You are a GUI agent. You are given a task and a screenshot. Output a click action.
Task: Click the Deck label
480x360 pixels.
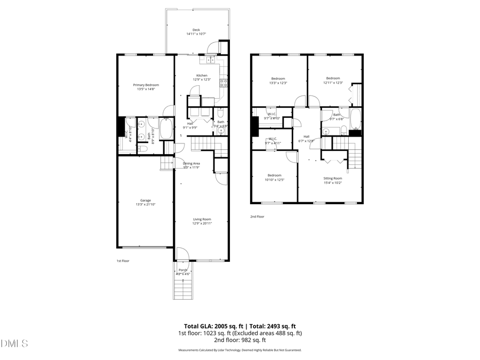click(x=196, y=30)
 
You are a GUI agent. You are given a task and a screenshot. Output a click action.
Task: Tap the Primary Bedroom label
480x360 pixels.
click(x=146, y=85)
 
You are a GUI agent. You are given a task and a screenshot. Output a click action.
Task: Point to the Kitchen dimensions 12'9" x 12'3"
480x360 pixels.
click(x=202, y=79)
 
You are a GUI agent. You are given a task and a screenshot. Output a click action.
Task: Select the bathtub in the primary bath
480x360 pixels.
click(x=166, y=129)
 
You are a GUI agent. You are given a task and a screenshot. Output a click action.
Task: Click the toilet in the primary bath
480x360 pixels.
click(x=142, y=149)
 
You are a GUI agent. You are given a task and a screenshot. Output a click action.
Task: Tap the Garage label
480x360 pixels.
click(x=146, y=201)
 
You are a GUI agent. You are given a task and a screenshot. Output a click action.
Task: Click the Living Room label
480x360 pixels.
click(x=202, y=219)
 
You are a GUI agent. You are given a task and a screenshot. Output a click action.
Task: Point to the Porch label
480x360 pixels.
click(x=183, y=270)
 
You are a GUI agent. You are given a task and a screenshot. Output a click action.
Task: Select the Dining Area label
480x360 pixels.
click(x=191, y=163)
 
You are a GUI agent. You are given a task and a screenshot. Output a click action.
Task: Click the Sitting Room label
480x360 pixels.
click(x=333, y=178)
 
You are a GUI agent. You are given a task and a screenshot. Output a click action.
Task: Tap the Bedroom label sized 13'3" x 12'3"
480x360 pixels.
click(x=278, y=78)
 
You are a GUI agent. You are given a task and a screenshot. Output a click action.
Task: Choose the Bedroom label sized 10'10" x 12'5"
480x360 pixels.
click(x=275, y=175)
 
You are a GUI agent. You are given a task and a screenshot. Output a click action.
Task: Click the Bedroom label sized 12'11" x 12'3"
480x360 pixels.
click(x=333, y=78)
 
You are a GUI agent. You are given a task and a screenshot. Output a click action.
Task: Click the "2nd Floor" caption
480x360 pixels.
click(x=257, y=217)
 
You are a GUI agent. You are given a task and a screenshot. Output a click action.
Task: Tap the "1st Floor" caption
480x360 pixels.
click(x=123, y=261)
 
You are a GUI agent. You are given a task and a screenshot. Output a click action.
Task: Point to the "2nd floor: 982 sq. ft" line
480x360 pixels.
click(x=239, y=340)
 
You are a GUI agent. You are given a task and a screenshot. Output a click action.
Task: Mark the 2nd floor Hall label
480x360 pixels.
click(x=307, y=137)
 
